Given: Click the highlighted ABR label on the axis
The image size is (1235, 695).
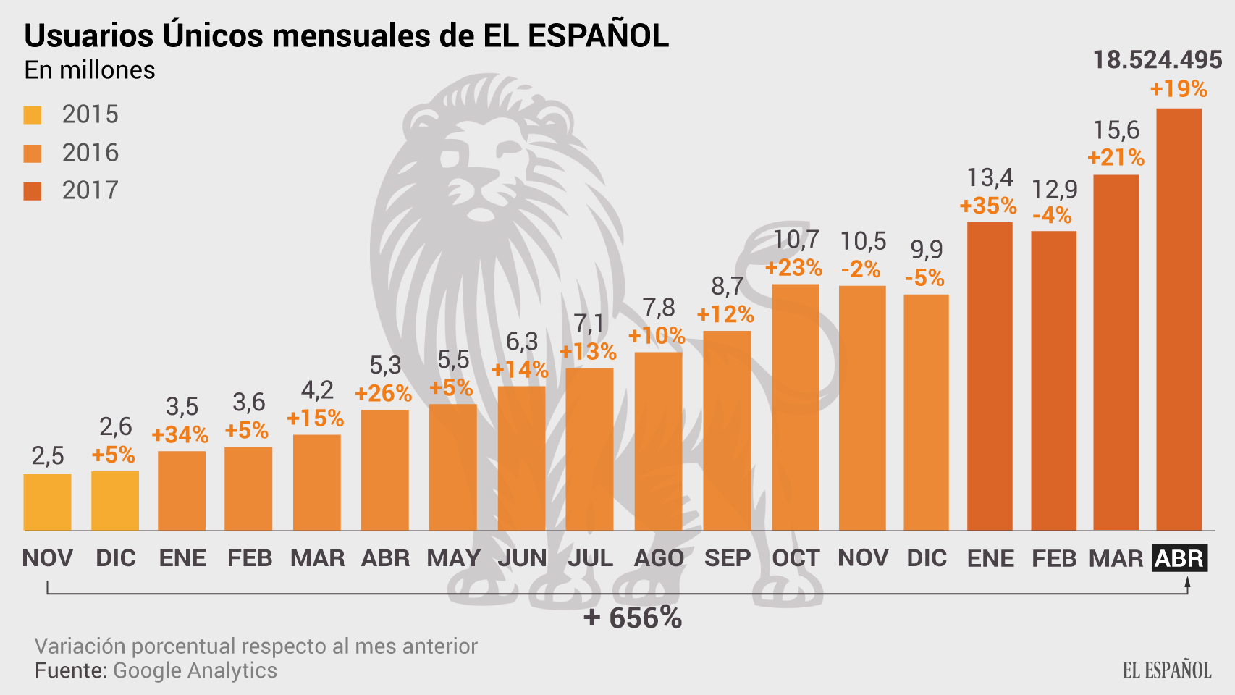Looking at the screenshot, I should (1179, 558).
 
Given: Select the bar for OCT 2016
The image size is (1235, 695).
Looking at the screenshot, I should (795, 407).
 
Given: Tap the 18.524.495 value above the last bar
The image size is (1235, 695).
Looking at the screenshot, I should (1157, 60).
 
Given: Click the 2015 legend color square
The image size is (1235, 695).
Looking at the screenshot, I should (33, 115).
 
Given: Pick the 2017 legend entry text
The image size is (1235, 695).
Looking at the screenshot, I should (90, 190).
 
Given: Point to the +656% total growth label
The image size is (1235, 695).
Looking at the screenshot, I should (633, 618).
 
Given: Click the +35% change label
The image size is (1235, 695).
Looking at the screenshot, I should (988, 206).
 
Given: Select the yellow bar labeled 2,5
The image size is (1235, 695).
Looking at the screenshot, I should (47, 502).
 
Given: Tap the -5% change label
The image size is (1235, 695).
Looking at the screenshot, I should (924, 277).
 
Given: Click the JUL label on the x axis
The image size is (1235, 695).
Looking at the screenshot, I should (590, 558).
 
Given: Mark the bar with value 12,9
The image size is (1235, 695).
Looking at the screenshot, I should (1053, 380).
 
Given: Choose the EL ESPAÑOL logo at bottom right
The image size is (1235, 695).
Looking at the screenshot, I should (1166, 670).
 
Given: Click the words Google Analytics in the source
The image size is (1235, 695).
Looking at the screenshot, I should (195, 670).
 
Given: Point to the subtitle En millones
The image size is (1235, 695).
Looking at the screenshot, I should (90, 70).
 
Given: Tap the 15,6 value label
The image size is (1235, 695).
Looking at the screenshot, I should (1116, 130).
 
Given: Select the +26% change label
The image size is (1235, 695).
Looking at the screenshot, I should (383, 393).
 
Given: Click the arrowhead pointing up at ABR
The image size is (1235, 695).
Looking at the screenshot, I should (1187, 582).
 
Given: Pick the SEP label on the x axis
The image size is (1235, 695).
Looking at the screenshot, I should (727, 558).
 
